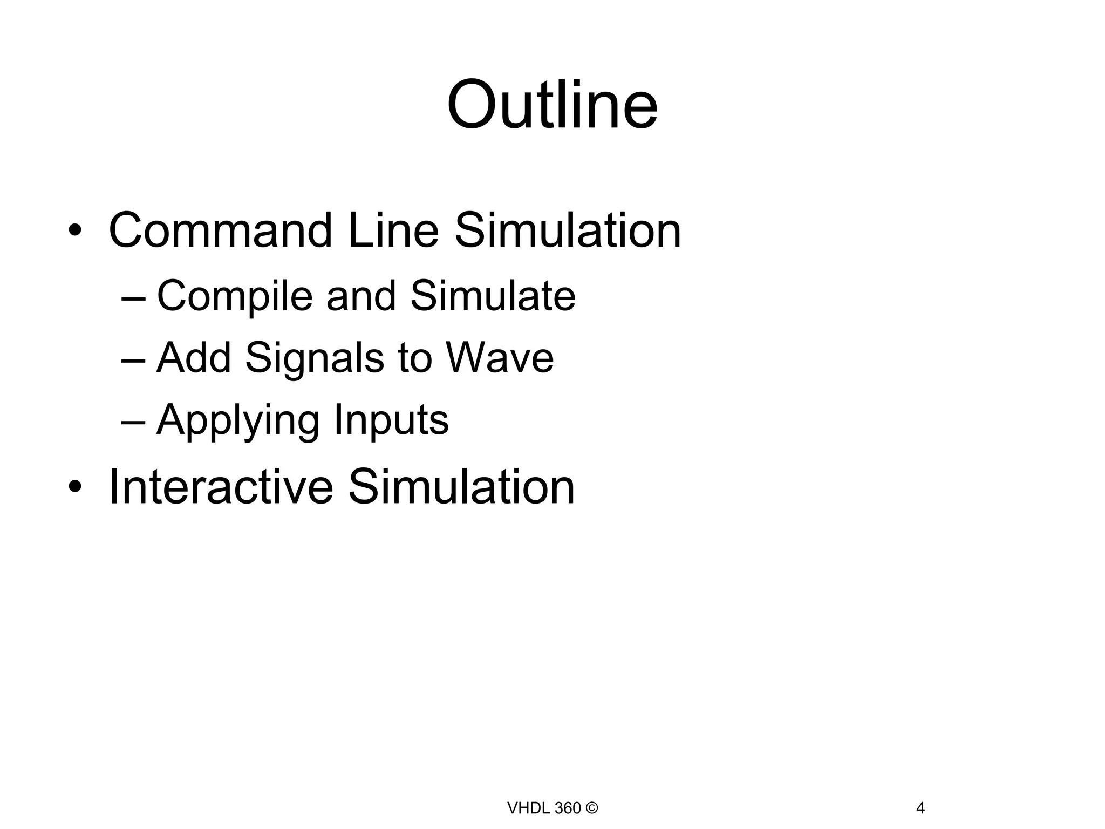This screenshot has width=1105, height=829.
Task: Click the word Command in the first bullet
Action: [221, 231]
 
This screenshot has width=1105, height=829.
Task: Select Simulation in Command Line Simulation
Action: [568, 231]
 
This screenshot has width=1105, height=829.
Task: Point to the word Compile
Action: [235, 297]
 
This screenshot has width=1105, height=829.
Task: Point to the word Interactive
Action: [221, 487]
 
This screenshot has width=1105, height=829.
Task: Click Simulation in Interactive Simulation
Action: [461, 487]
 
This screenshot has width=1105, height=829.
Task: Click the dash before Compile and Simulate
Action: [133, 298]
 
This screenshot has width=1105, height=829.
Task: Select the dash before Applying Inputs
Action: [133, 421]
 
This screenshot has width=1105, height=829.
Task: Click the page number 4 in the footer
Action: [920, 808]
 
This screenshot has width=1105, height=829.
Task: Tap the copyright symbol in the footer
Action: [591, 808]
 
